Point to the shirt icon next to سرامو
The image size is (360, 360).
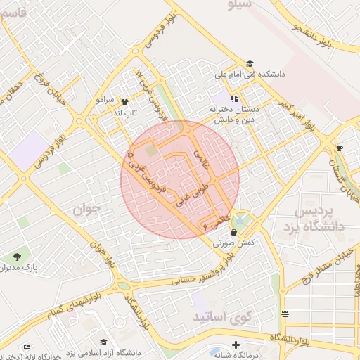(x=125, y=101)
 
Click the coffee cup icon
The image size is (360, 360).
(x=340, y=148)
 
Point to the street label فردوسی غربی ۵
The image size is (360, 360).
(x=147, y=173)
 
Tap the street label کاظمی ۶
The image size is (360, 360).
(x=215, y=222)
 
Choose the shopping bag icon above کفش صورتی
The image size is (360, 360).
(x=233, y=232)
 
